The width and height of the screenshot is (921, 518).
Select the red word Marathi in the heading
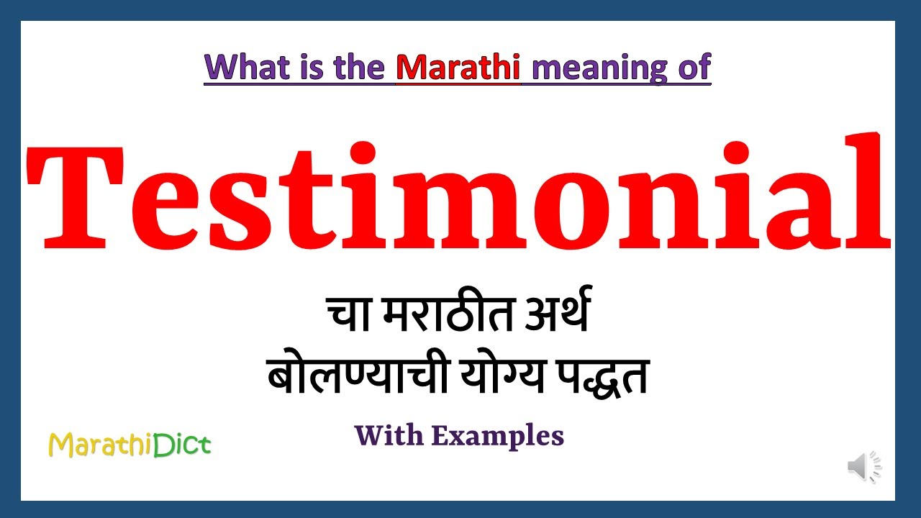[x=458, y=68]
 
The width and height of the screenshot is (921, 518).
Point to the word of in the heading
[x=693, y=68]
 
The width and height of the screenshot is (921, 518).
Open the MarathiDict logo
[x=130, y=445]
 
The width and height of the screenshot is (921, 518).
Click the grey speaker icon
[x=863, y=467]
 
